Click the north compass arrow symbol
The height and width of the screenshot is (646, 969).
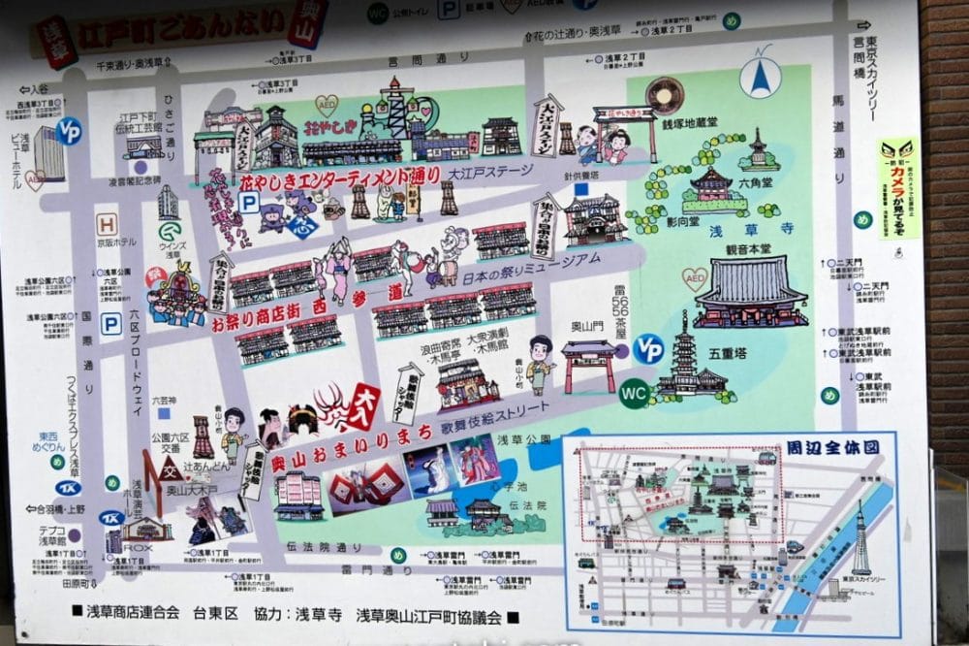[x=761, y=73]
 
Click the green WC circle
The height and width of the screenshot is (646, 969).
[x=634, y=393]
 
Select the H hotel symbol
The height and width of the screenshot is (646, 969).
[x=107, y=224]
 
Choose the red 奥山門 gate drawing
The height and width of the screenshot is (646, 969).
[x=588, y=365]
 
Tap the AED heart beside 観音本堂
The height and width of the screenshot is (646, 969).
[x=694, y=279]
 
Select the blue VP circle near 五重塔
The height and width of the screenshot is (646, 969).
[x=648, y=348]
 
